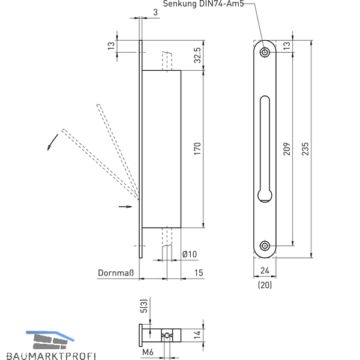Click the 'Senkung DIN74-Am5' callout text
tap(203, 4)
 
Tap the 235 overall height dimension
tap(305, 149)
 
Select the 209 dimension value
tap(287, 149)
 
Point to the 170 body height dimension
tap(197, 149)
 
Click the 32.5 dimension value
tap(197, 55)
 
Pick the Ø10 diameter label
tap(190, 254)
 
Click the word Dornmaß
tap(116, 273)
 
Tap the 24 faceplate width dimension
tap(265, 271)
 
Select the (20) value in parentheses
tap(265, 285)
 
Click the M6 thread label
tap(148, 352)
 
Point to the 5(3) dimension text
tap(144, 305)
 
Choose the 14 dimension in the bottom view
tap(197, 335)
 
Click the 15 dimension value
tap(199, 273)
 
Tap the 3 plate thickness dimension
tap(155, 12)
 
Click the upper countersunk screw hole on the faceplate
tap(265, 52)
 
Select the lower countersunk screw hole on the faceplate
tap(265, 246)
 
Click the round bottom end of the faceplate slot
tap(265, 196)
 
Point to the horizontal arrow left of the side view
tap(125, 206)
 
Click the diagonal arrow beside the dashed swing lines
tap(53, 142)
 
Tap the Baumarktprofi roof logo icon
tap(50, 340)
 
